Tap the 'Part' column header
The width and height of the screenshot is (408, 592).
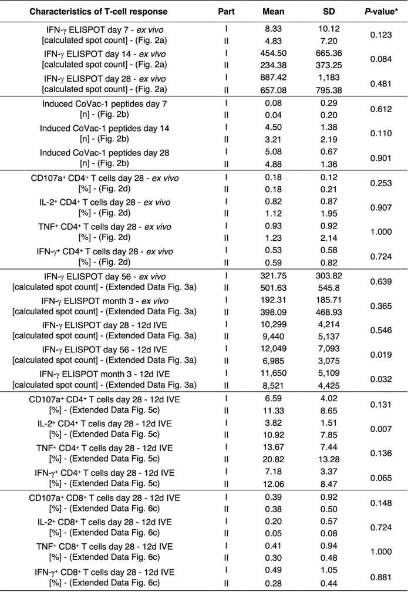click(226, 12)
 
